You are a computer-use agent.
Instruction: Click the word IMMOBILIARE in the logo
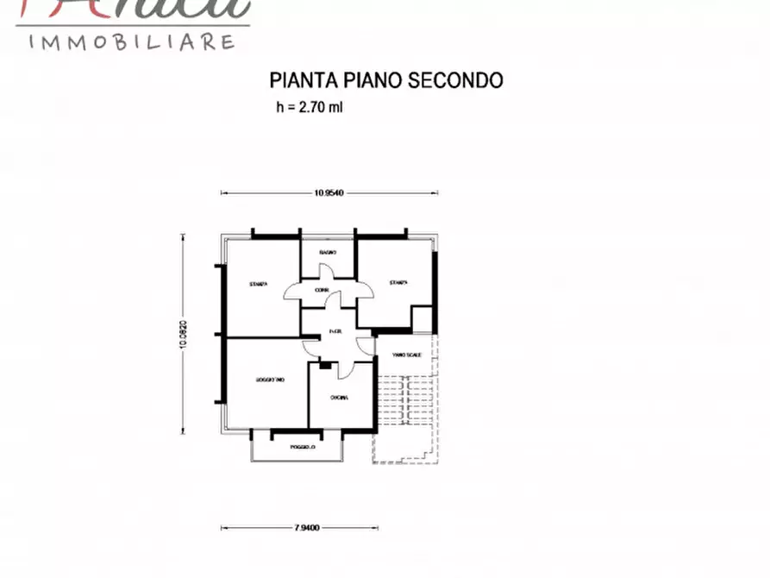coord(133,41)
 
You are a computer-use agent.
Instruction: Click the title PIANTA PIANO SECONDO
coord(386,80)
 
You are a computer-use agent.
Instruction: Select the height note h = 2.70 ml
coord(310,108)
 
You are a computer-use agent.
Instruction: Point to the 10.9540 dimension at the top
coord(329,193)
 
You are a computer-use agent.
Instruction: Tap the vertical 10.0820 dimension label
coord(184,335)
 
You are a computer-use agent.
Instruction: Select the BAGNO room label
coord(327,252)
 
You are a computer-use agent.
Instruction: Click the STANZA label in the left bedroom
coord(258,284)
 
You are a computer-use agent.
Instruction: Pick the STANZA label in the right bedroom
coord(397,282)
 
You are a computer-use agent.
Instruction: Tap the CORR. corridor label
coord(321,290)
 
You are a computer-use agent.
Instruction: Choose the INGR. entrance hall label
coord(335,332)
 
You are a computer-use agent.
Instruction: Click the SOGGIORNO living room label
coord(269,380)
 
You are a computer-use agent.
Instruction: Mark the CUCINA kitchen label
coord(339,398)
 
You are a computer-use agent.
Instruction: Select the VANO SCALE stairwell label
coord(405,355)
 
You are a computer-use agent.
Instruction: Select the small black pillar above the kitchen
coord(325,366)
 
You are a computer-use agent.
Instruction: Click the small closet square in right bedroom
coord(421,318)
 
